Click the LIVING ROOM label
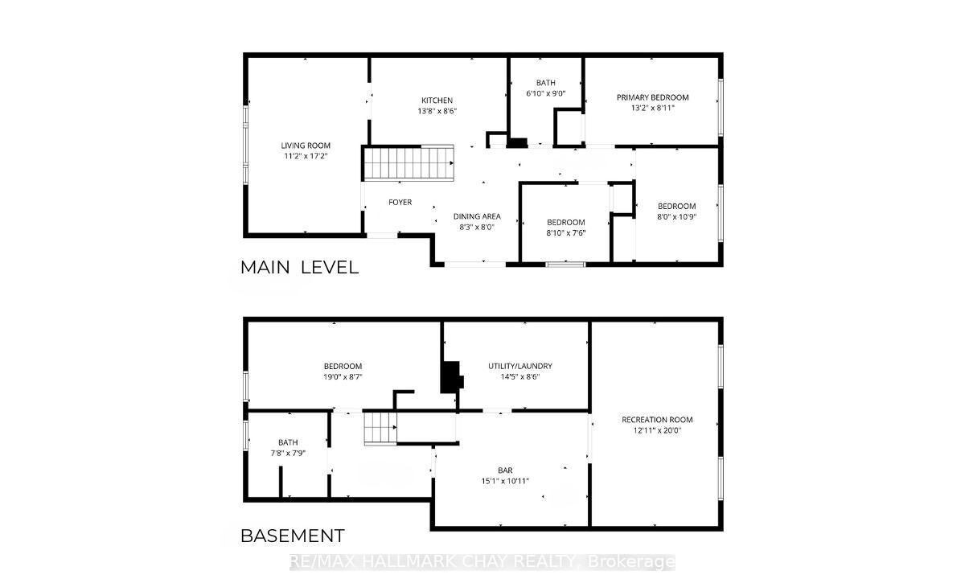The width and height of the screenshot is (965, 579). pos(306,146)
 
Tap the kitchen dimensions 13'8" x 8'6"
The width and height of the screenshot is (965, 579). pos(437,111)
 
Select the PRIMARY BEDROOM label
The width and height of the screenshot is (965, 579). pos(653,97)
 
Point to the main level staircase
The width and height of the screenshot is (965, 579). pos(409,162)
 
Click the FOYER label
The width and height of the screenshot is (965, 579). pos(400,202)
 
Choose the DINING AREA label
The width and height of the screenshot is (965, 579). pos(477,216)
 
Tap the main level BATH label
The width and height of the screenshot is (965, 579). pos(546,83)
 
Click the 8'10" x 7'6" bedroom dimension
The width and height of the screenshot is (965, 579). pos(566,233)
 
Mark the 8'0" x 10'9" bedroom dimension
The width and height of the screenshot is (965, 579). pos(677,216)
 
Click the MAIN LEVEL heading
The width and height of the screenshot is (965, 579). pos(299,268)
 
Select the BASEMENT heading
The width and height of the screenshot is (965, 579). pos(293,536)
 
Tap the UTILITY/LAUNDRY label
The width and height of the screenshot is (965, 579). pos(520,366)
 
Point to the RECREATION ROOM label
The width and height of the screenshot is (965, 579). pos(657,420)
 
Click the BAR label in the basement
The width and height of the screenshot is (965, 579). pos(505,470)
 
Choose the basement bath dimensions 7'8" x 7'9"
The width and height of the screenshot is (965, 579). pos(288,454)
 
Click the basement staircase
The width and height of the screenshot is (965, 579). pos(380,428)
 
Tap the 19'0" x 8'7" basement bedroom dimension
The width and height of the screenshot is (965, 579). pos(343,377)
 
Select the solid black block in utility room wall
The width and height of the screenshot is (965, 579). pos(451,377)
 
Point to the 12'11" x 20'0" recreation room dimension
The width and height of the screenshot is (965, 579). pos(658,430)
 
